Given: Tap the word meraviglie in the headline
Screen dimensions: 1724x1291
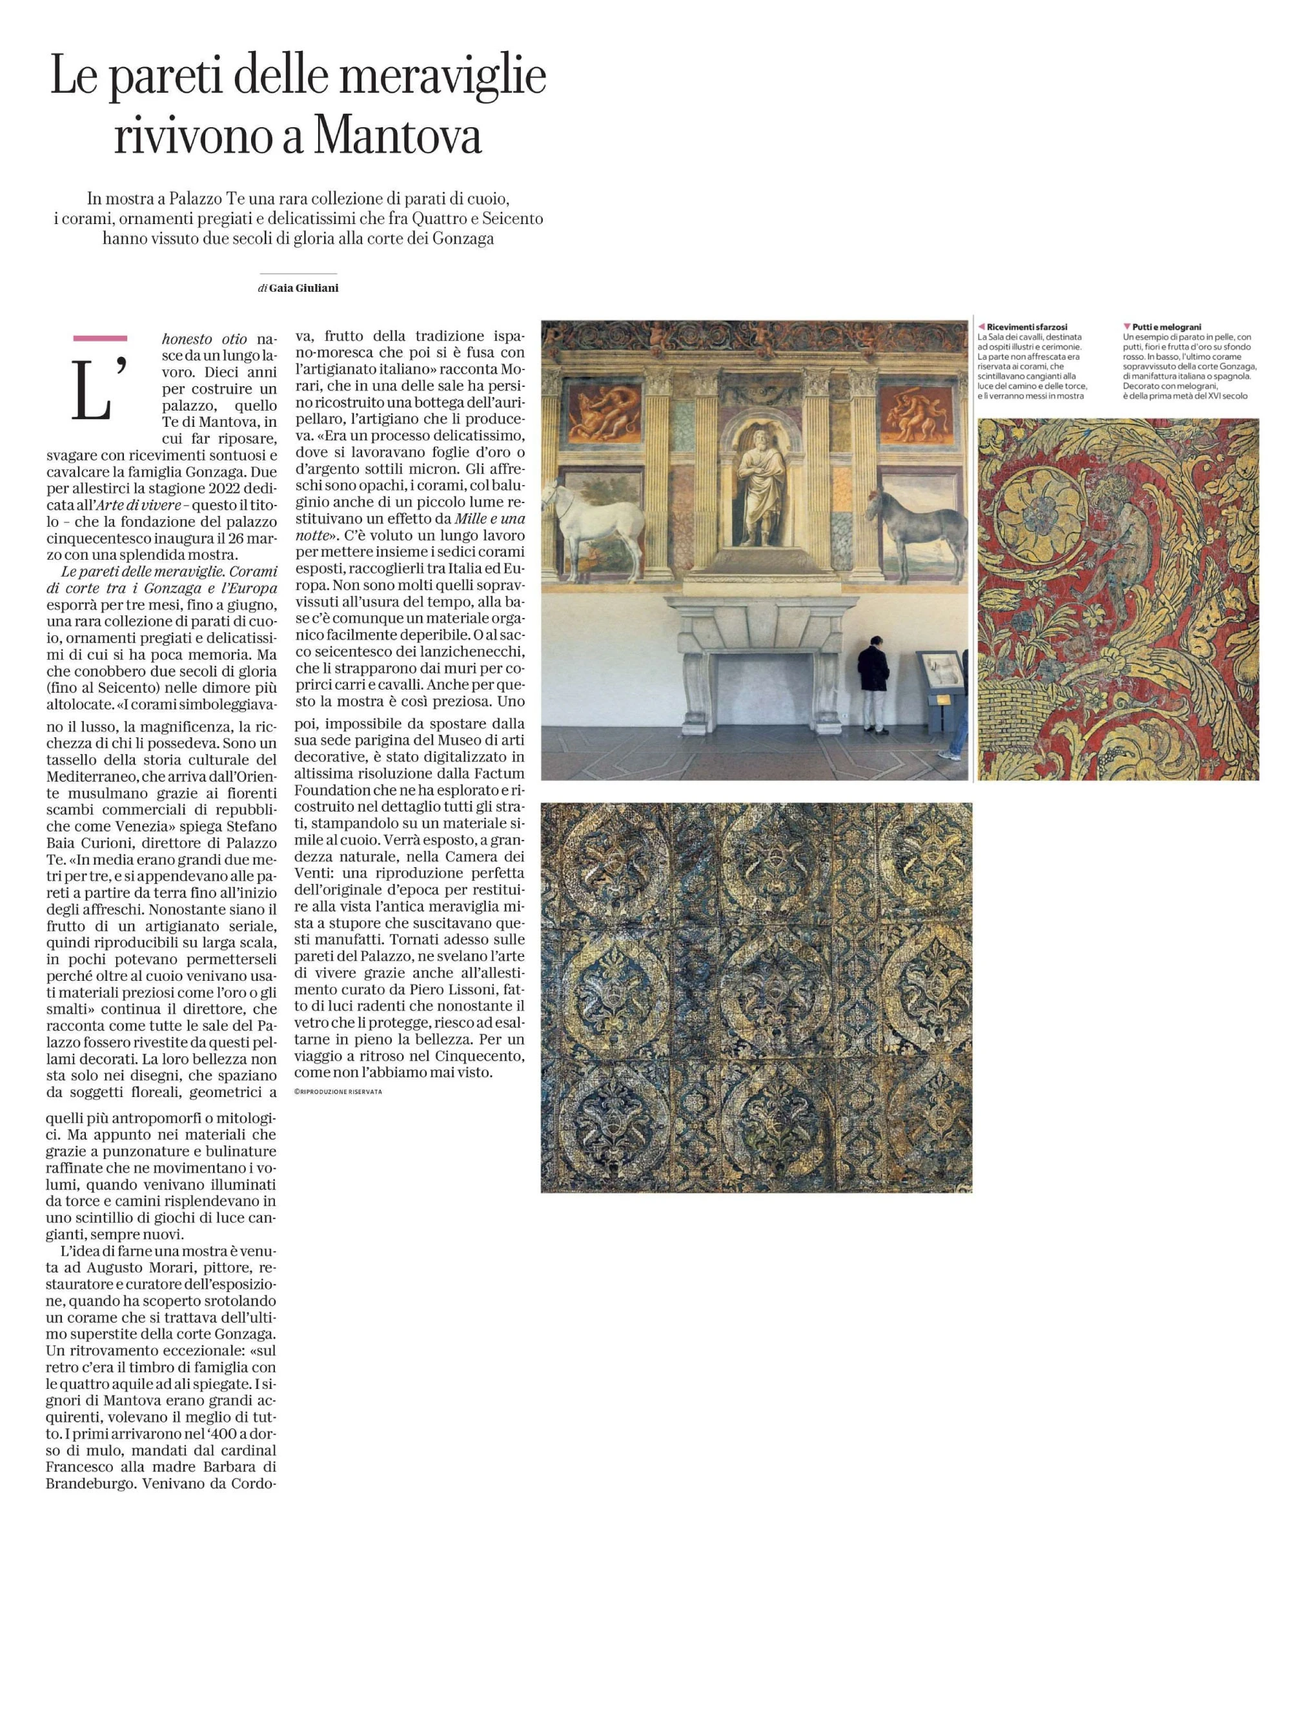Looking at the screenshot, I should [443, 78].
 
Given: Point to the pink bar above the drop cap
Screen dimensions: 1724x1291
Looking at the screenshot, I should [99, 338].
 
